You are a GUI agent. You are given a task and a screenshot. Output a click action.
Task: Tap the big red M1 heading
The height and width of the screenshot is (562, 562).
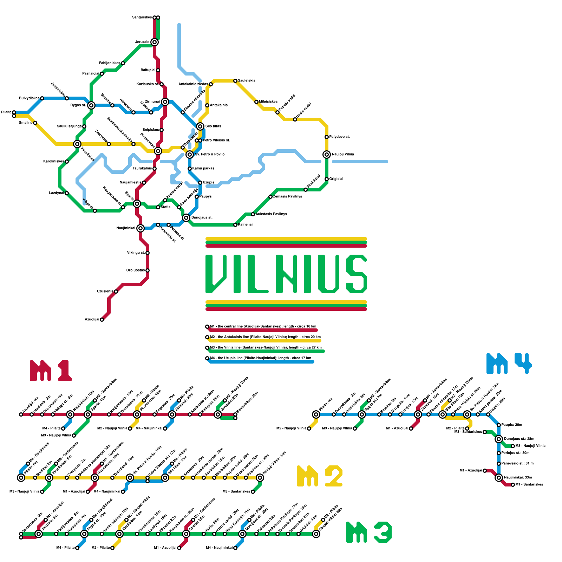(x=51, y=371)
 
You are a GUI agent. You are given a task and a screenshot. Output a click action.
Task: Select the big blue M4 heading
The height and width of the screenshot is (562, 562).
(x=509, y=363)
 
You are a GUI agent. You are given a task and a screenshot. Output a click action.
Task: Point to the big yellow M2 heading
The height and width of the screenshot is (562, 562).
(x=320, y=476)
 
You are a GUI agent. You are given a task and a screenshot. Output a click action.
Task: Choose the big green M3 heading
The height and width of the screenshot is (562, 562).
(x=369, y=532)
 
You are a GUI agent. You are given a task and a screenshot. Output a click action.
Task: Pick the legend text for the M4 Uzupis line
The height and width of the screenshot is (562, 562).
(x=260, y=358)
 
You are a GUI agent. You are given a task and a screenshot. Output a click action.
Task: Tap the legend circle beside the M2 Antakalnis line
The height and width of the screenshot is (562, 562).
(x=207, y=337)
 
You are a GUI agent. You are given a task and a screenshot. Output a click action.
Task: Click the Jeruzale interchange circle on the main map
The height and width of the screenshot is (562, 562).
(x=155, y=42)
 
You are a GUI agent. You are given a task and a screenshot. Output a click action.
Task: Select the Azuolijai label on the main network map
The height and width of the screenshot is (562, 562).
(x=92, y=320)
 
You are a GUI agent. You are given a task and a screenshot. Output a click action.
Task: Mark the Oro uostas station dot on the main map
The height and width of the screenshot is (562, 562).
(x=148, y=270)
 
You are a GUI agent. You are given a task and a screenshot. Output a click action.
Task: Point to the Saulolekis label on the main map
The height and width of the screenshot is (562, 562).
(x=247, y=81)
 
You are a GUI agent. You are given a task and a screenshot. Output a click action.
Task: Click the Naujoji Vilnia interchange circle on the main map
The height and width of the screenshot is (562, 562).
(x=327, y=155)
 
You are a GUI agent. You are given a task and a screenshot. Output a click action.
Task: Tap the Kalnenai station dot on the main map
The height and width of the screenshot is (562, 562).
(x=235, y=225)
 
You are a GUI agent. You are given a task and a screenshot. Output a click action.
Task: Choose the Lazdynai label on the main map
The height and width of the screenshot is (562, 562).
(x=56, y=193)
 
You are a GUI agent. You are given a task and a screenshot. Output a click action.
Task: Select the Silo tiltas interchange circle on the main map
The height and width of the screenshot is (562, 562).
(x=200, y=126)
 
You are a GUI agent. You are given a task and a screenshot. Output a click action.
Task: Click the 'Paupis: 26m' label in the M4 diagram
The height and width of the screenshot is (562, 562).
(x=511, y=425)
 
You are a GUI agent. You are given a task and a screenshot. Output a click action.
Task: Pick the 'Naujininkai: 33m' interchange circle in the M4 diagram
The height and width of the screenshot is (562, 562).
(x=499, y=478)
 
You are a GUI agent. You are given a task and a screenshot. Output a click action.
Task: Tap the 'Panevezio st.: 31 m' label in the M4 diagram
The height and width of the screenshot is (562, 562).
(x=517, y=464)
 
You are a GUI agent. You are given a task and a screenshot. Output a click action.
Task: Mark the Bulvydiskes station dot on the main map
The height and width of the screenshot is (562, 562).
(x=42, y=98)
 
